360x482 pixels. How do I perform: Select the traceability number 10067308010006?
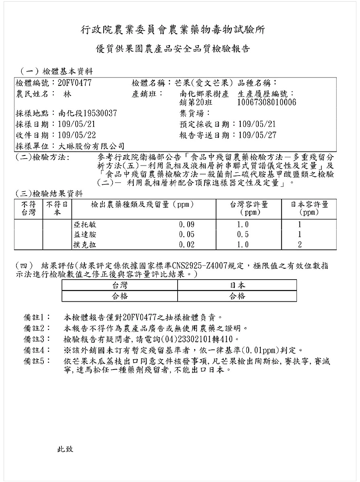pyautogui.click(x=267, y=102)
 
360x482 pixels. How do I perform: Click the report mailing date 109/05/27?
pyautogui.click(x=258, y=135)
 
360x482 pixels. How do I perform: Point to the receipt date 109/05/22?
pyautogui.click(x=77, y=135)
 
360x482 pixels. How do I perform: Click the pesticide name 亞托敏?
pyautogui.click(x=85, y=225)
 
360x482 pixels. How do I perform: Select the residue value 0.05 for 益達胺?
pyautogui.click(x=186, y=235)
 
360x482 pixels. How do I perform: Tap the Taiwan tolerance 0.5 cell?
pyautogui.click(x=243, y=235)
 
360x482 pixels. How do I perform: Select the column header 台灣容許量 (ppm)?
pyautogui.click(x=249, y=208)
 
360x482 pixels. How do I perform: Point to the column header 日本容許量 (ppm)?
pyautogui.click(x=309, y=208)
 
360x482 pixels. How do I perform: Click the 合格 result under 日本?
pyautogui.click(x=237, y=296)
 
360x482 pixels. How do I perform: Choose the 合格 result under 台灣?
pyautogui.click(x=119, y=296)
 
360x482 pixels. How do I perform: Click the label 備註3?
pyautogui.click(x=37, y=339)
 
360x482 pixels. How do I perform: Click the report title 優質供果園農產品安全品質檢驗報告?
pyautogui.click(x=173, y=49)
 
